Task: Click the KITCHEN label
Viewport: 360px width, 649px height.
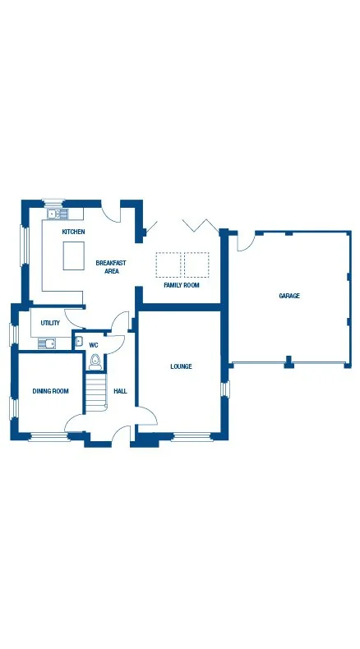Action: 73,232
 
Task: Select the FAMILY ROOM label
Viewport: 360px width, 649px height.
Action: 181,285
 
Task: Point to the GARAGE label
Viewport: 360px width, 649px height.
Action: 288,296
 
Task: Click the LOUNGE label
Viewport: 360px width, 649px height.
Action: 181,366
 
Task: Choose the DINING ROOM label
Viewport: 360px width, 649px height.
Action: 50,391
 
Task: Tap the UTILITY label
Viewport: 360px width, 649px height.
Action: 50,323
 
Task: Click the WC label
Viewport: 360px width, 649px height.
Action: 94,345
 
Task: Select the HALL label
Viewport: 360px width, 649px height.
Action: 120,392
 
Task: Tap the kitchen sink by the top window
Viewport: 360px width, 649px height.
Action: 58,214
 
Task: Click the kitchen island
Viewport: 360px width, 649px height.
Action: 74,258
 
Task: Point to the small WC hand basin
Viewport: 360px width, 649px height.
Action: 79,341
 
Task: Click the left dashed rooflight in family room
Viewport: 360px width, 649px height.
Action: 168,265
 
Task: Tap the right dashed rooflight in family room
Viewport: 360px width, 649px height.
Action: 196,265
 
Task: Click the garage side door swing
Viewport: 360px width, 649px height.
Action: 246,242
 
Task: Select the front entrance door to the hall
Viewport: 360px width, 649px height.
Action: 122,434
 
